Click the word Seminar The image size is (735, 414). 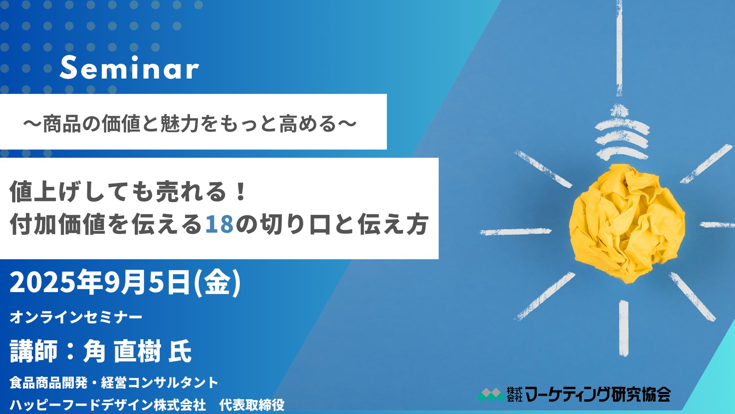click(129, 68)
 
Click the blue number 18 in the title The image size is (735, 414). click(219, 225)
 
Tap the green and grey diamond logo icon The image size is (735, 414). click(490, 395)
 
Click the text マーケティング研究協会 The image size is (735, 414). click(597, 395)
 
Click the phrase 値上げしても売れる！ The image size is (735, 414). click(128, 192)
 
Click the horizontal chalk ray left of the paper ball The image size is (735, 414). click(515, 231)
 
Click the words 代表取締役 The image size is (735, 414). click(252, 405)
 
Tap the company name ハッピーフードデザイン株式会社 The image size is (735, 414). click(108, 405)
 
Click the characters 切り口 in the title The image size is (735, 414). click(294, 225)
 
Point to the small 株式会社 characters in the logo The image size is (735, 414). click(514, 395)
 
